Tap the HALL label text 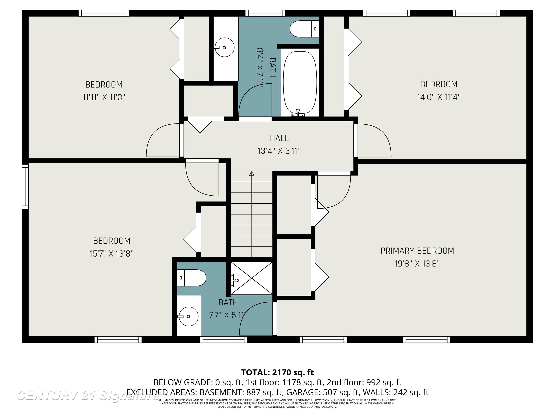point(279,138)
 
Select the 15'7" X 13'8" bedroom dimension point(112,253)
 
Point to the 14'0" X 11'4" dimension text point(439,97)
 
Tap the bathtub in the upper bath point(300,83)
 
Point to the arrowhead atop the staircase point(252,174)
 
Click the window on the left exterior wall point(25,186)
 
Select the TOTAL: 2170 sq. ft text point(277,372)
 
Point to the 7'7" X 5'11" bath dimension point(228,315)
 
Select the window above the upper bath point(265,13)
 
